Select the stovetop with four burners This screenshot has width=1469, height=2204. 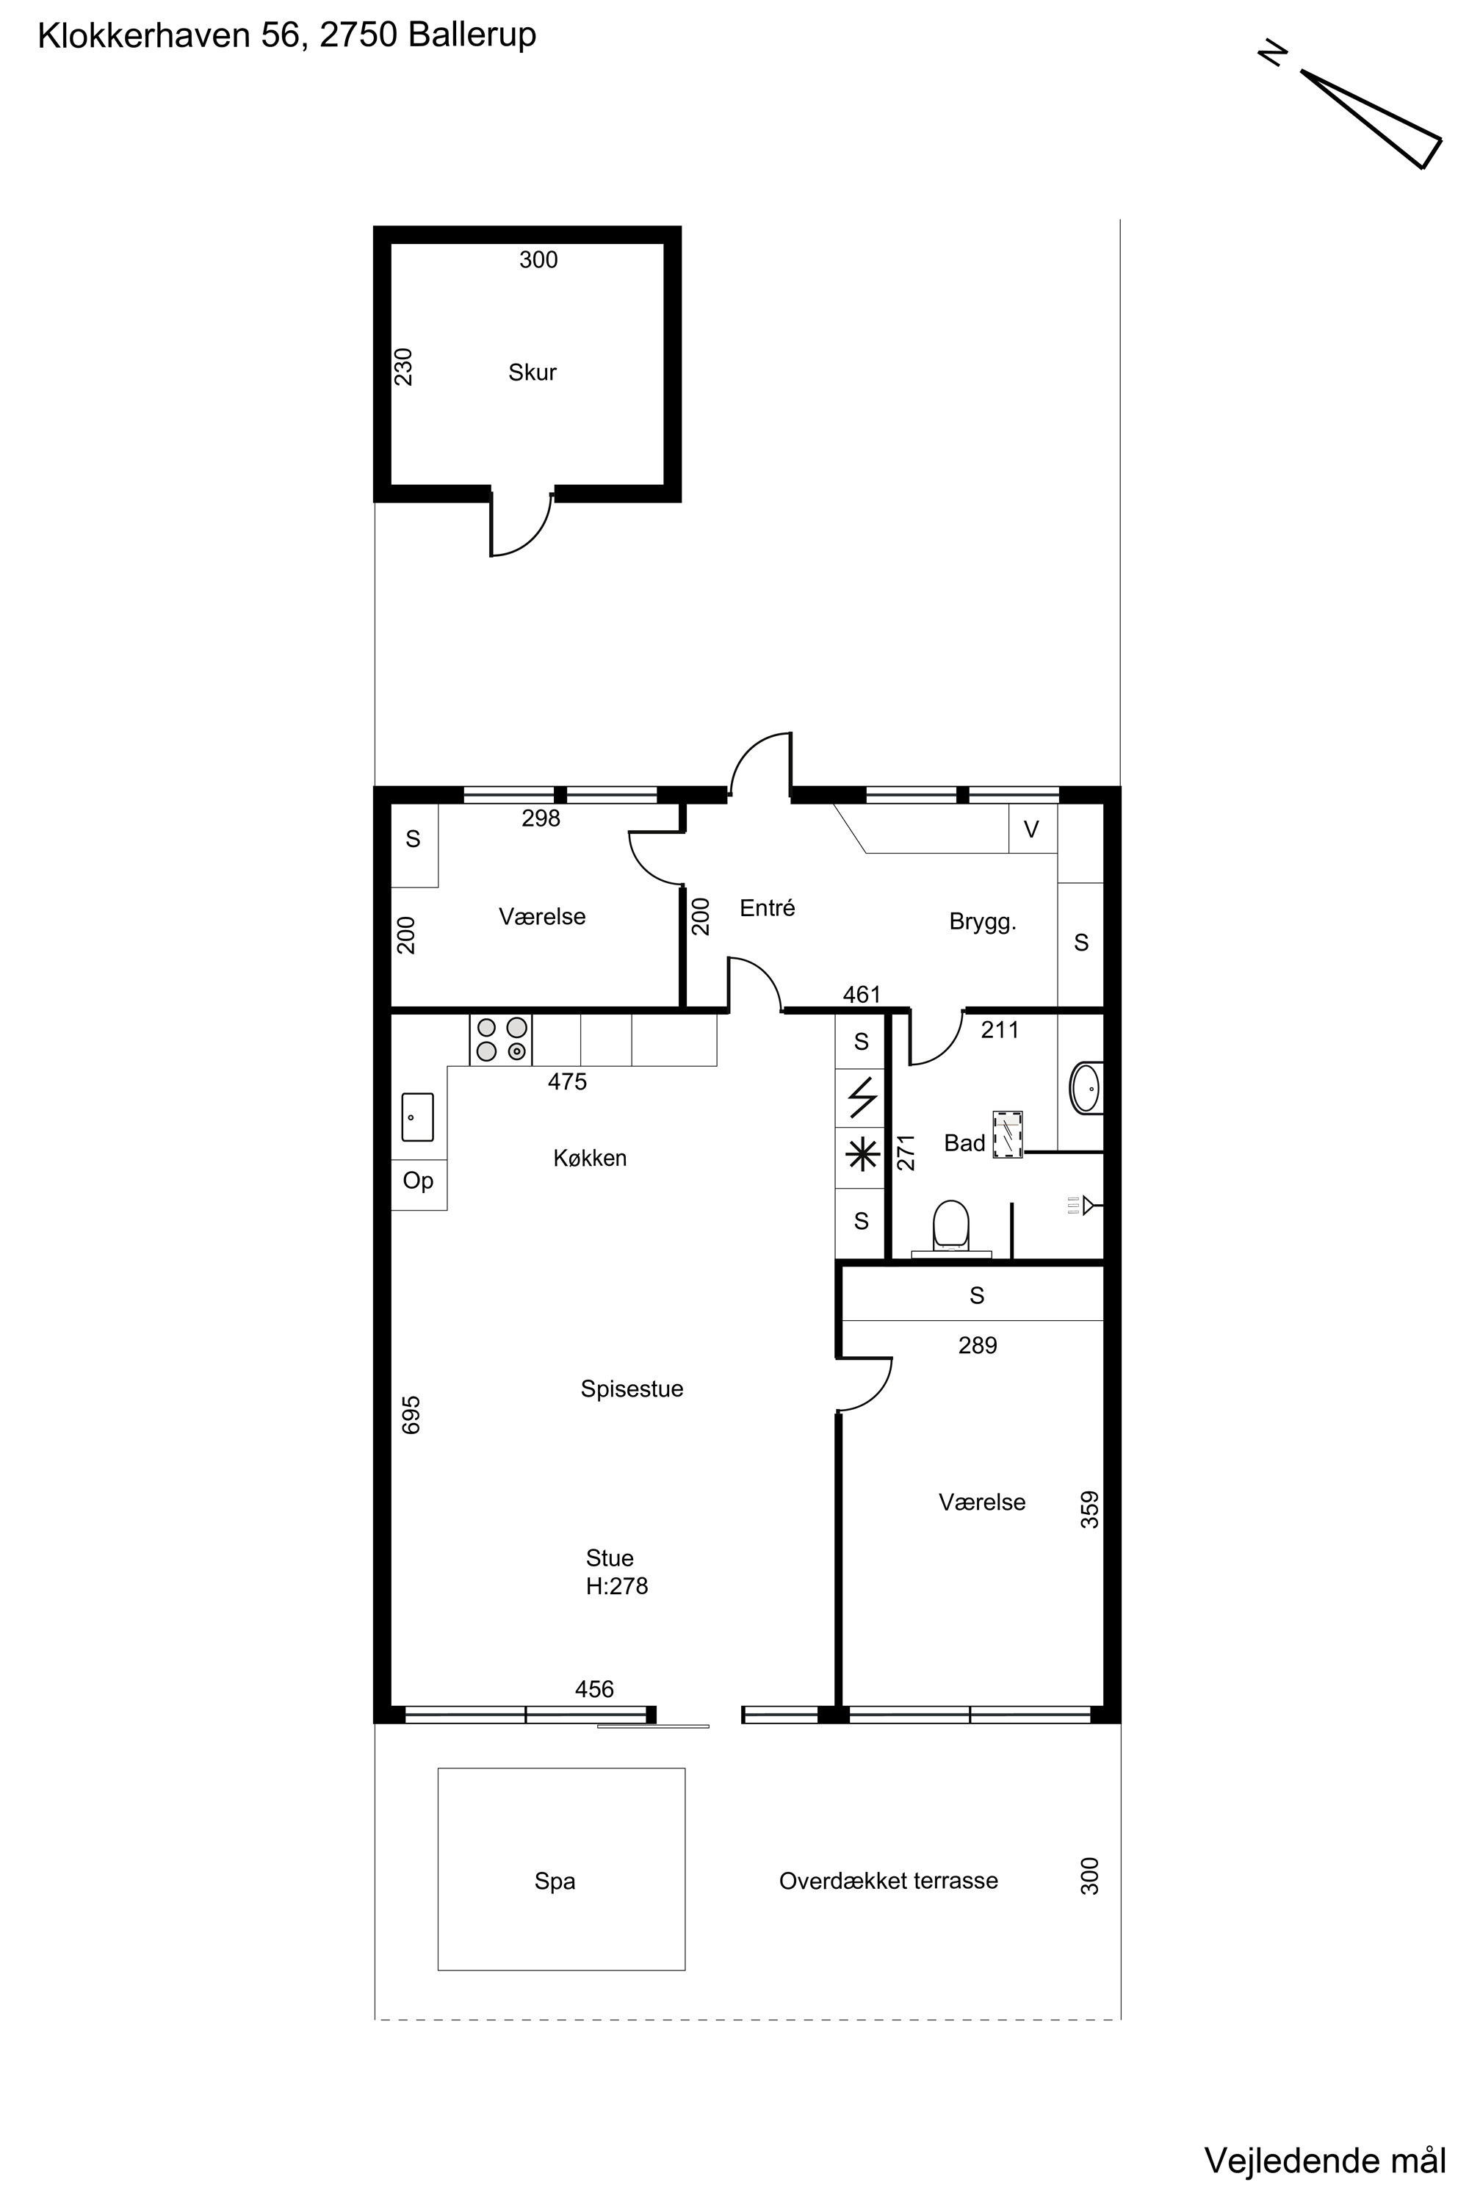tap(501, 1040)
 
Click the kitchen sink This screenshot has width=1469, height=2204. tap(418, 1116)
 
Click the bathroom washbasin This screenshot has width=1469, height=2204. tap(1087, 1088)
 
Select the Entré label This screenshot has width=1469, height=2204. tap(768, 907)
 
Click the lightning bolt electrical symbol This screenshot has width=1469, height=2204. tap(862, 1098)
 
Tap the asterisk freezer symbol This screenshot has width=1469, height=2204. tap(862, 1156)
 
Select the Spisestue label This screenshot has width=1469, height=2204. tap(632, 1389)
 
